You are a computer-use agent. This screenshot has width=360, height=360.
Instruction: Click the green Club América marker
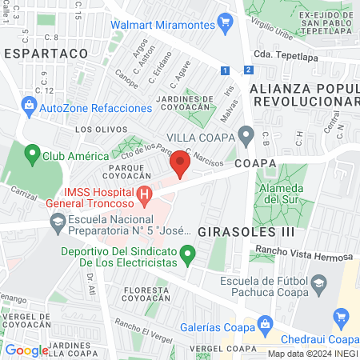(x=33, y=151)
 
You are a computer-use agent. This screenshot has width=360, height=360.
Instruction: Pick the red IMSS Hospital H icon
(x=144, y=194)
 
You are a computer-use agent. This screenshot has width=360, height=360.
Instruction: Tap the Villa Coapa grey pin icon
(x=246, y=135)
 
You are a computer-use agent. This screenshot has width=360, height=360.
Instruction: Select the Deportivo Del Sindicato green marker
(x=189, y=256)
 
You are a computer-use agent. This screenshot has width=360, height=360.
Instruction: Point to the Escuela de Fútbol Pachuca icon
(x=318, y=282)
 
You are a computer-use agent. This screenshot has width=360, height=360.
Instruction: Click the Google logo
(x=26, y=350)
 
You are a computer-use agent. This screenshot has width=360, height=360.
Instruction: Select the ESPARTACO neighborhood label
(x=45, y=52)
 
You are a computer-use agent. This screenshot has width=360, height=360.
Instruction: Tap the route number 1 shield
(x=227, y=70)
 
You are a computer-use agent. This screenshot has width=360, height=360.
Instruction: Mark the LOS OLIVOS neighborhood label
(x=91, y=128)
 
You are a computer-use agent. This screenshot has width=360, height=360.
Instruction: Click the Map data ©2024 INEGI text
(x=313, y=354)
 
